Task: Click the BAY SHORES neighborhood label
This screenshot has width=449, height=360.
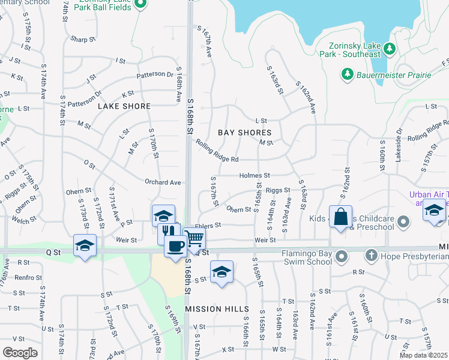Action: [x=244, y=132]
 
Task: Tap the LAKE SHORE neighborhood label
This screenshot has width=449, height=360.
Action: [x=124, y=106]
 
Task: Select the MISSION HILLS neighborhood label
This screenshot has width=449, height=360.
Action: [x=217, y=308]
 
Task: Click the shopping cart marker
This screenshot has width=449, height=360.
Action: [x=193, y=239]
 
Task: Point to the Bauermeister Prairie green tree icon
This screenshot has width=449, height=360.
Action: [x=347, y=74]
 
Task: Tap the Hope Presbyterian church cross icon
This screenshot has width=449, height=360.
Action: [x=372, y=256]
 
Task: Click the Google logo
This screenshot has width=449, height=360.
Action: [x=20, y=353]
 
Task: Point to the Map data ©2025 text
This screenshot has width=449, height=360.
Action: [x=423, y=355]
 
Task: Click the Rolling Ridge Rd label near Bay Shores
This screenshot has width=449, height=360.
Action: [x=217, y=151]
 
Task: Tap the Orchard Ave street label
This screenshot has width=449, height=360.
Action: [x=163, y=182]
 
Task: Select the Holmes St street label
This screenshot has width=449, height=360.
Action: [x=255, y=175]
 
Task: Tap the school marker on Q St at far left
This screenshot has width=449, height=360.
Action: [x=85, y=245]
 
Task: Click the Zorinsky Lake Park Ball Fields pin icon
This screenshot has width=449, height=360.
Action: [x=140, y=5]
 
